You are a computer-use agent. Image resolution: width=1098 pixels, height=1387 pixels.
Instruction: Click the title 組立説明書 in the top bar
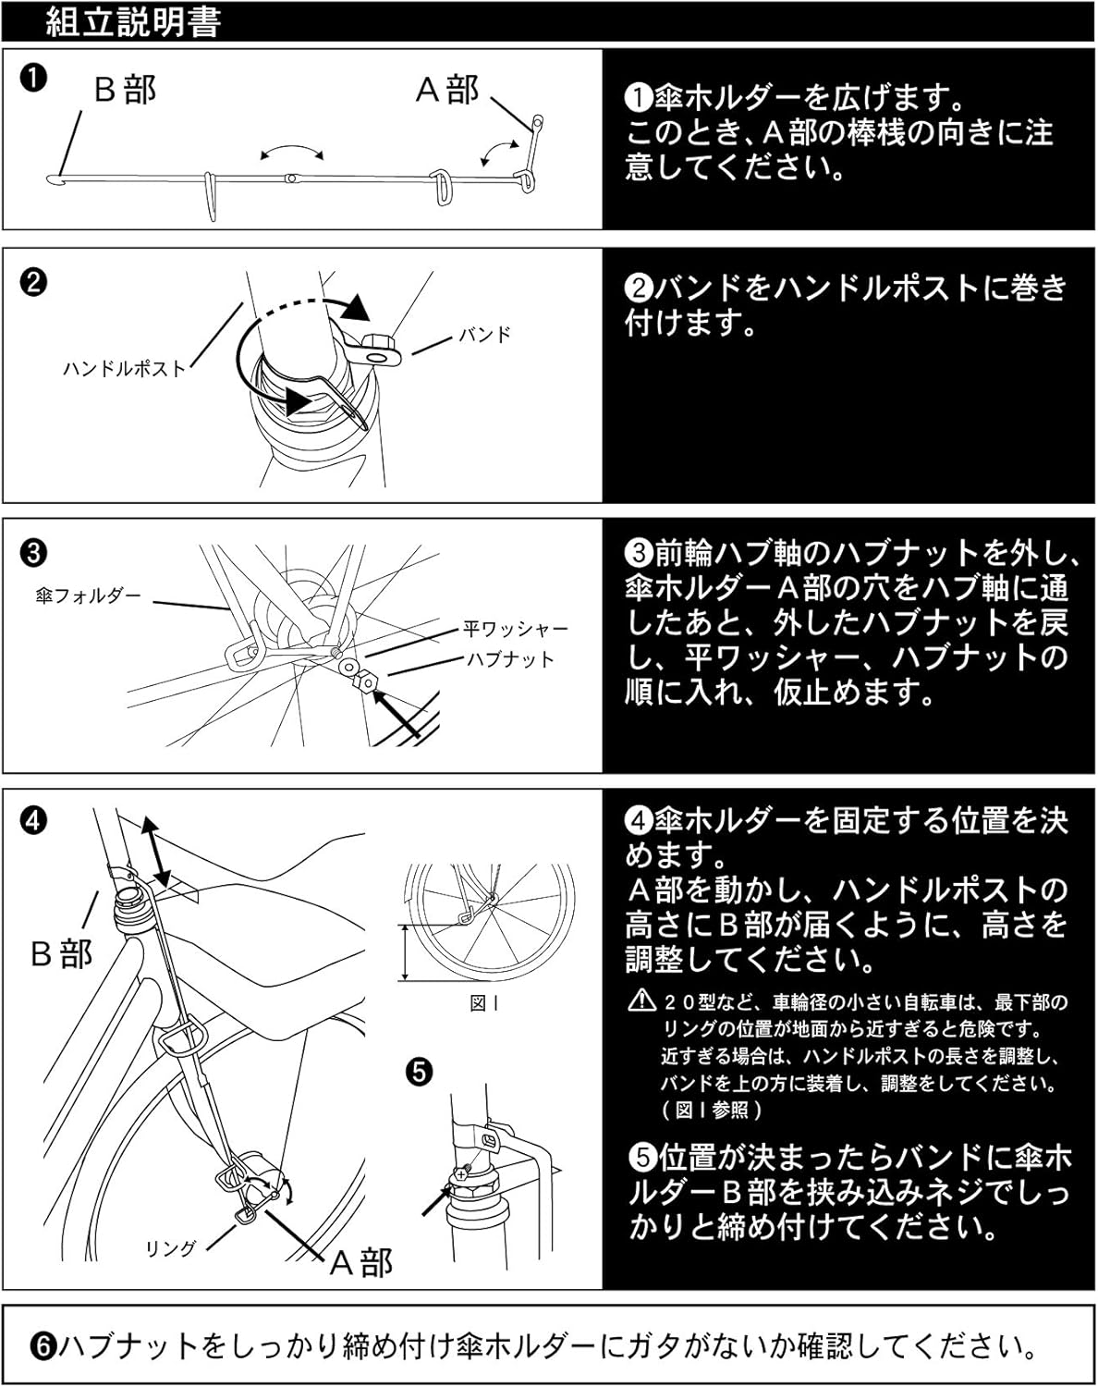[133, 22]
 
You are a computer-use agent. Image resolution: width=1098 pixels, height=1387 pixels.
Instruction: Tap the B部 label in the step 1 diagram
[126, 90]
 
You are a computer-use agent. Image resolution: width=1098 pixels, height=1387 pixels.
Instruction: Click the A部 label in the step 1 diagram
[448, 90]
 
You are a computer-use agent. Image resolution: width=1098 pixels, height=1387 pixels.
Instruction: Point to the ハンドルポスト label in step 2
[124, 368]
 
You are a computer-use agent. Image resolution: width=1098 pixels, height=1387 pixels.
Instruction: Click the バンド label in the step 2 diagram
[485, 335]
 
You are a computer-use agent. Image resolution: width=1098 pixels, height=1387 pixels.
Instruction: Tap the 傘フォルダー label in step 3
[89, 596]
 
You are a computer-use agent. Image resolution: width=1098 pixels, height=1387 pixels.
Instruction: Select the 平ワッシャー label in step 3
[516, 630]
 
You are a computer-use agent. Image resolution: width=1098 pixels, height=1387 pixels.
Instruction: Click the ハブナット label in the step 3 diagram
[509, 659]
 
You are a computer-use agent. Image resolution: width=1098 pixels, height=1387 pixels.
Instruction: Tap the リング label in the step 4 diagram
[171, 1248]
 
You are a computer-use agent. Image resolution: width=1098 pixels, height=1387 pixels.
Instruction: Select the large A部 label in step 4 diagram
[362, 1262]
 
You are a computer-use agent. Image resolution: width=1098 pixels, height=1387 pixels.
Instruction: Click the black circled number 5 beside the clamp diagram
[419, 1073]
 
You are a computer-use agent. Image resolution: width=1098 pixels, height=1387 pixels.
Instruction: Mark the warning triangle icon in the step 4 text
[640, 1000]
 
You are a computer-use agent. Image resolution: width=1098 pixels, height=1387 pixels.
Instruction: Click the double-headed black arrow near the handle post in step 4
[154, 852]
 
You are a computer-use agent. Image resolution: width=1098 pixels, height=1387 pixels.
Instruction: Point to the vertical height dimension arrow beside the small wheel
[405, 952]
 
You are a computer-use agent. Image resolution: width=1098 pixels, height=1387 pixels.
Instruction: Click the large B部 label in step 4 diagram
[62, 953]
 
